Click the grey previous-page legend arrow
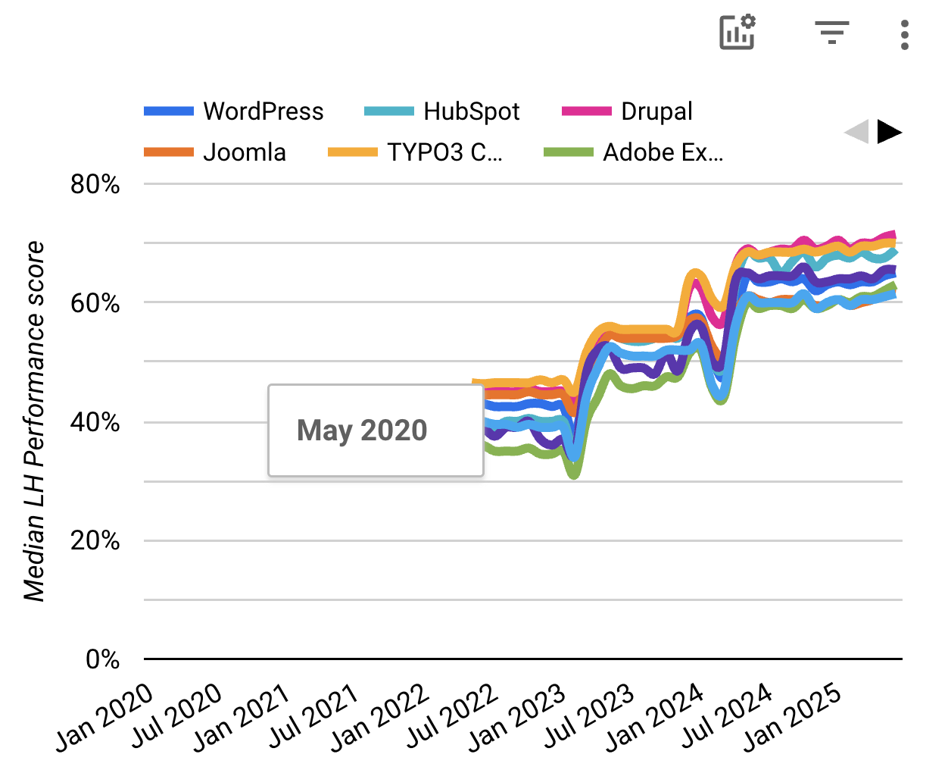(856, 132)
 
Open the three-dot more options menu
(904, 35)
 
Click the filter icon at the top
(831, 33)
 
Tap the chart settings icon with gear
(737, 33)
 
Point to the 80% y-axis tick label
(95, 184)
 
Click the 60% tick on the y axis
(95, 303)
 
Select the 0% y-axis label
(102, 659)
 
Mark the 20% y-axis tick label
(95, 541)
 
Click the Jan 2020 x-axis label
(104, 716)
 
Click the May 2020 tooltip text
(362, 430)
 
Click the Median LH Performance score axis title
(34, 421)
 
